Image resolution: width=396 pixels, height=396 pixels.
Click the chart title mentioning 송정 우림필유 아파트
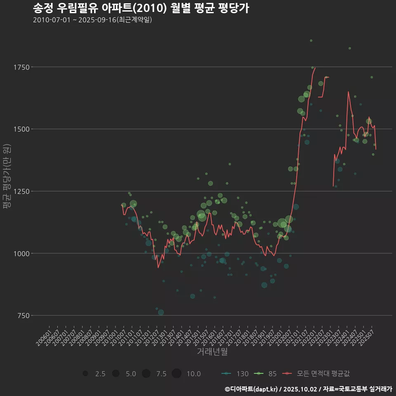140,8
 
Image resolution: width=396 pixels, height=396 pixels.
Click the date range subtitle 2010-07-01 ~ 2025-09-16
92,20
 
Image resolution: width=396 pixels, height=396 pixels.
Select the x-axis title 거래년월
212,351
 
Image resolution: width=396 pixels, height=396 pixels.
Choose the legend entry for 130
235,374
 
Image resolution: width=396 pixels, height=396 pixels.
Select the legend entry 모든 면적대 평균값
318,374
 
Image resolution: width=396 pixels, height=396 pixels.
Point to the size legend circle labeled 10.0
177,374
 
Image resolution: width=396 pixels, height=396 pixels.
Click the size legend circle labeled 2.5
85,374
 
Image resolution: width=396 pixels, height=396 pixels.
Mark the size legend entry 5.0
116,374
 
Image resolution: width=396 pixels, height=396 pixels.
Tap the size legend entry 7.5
146,374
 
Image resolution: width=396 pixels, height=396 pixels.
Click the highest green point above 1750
311,40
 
